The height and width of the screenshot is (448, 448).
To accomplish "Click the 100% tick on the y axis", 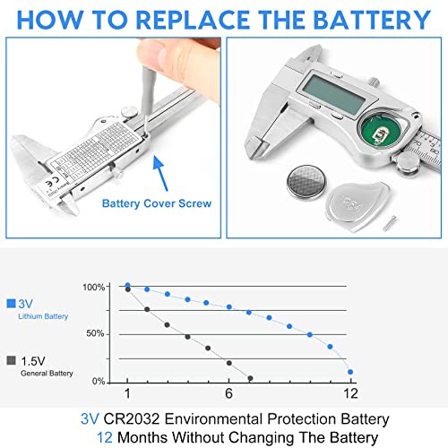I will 93,287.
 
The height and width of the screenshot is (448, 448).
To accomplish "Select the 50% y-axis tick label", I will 95,334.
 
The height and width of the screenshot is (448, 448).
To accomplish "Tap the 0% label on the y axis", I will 97,381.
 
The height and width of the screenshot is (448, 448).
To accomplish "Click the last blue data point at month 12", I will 349,371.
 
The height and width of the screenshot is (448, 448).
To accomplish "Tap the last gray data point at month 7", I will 250,378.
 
